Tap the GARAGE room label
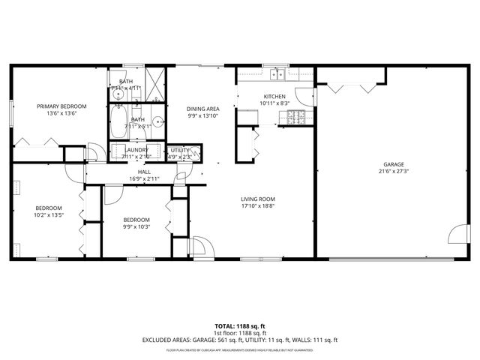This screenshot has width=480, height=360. pyautogui.click(x=394, y=163)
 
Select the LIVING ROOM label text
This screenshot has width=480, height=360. pyautogui.click(x=258, y=199)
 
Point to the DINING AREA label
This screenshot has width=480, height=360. pyautogui.click(x=202, y=109)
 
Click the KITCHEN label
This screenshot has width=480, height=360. pyautogui.click(x=274, y=96)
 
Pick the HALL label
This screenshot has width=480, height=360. pyautogui.click(x=144, y=172)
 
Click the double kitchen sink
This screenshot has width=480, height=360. pyautogui.click(x=277, y=73)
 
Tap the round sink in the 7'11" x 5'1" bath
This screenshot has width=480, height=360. pyautogui.click(x=158, y=121)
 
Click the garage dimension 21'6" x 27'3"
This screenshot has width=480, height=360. pyautogui.click(x=394, y=171)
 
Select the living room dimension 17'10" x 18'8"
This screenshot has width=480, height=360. pyautogui.click(x=258, y=206)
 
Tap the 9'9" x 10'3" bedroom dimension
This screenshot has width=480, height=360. pyautogui.click(x=137, y=227)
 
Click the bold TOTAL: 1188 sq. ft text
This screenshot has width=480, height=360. pyautogui.click(x=240, y=326)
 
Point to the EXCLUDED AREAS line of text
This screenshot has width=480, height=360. pyautogui.click(x=240, y=340)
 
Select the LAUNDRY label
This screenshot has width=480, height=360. pyautogui.click(x=137, y=150)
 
